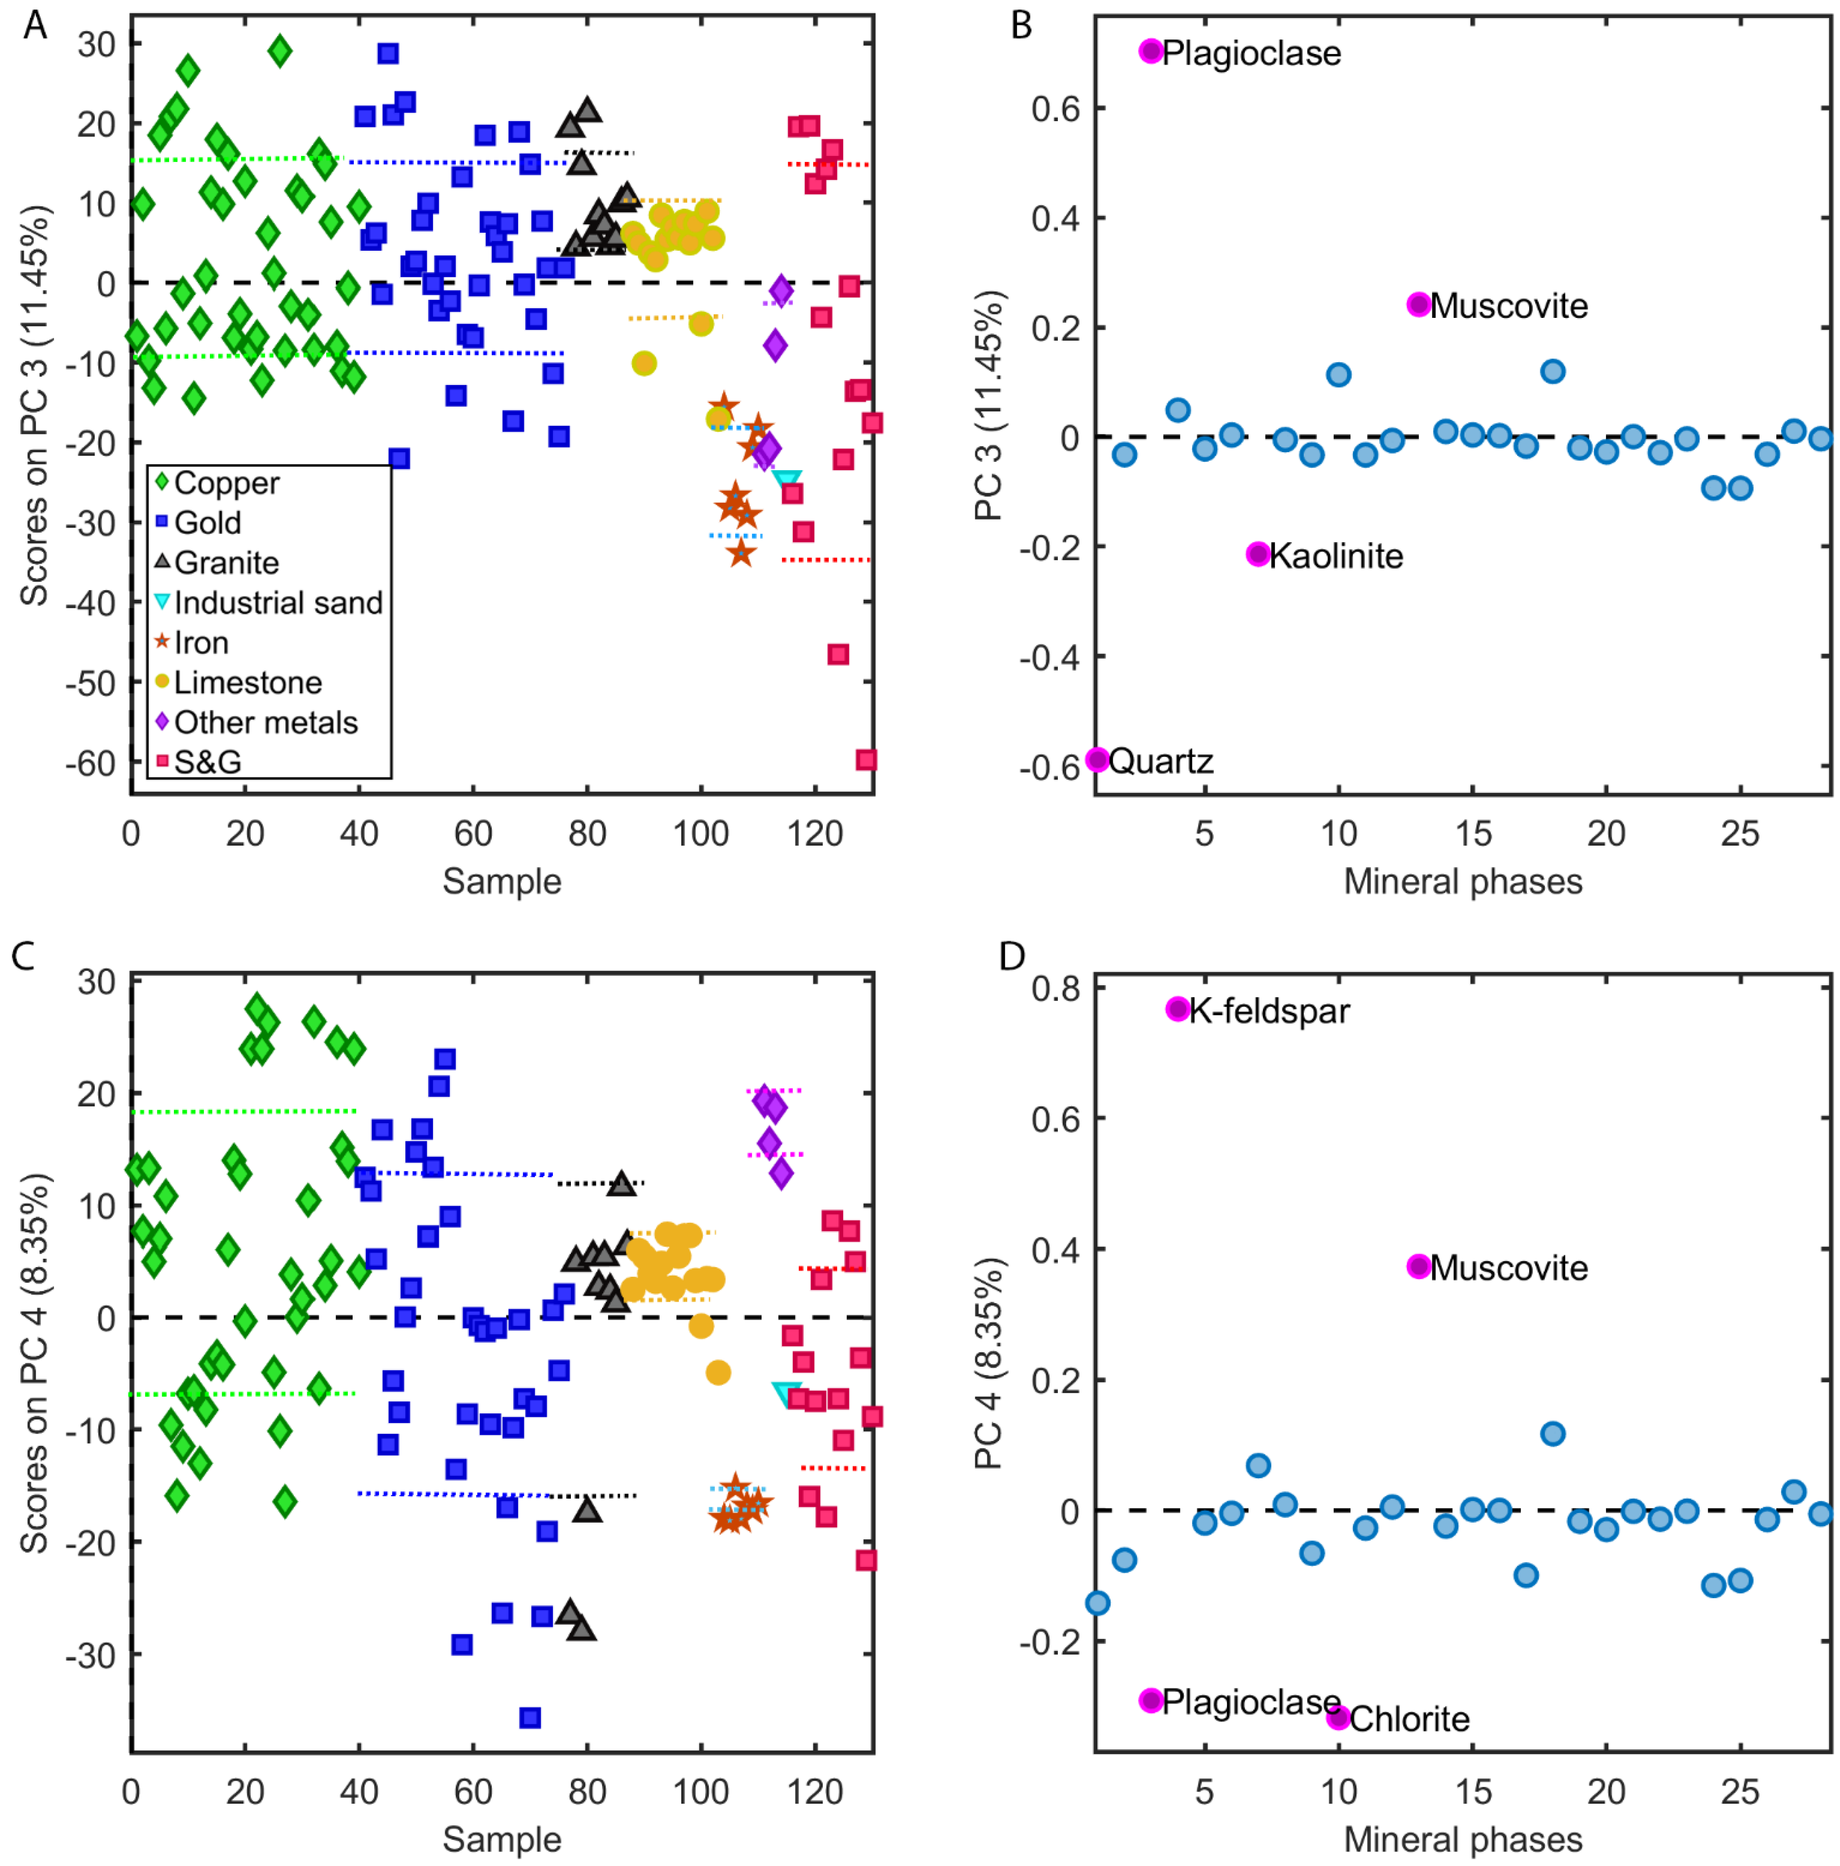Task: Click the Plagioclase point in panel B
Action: (x=1151, y=51)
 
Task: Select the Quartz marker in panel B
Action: (x=1097, y=759)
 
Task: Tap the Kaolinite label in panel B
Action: (x=1336, y=556)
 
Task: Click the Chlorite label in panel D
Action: (x=1409, y=1719)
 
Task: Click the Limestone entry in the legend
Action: (x=247, y=683)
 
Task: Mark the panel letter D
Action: (x=1011, y=956)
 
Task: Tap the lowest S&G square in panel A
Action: (x=866, y=759)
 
